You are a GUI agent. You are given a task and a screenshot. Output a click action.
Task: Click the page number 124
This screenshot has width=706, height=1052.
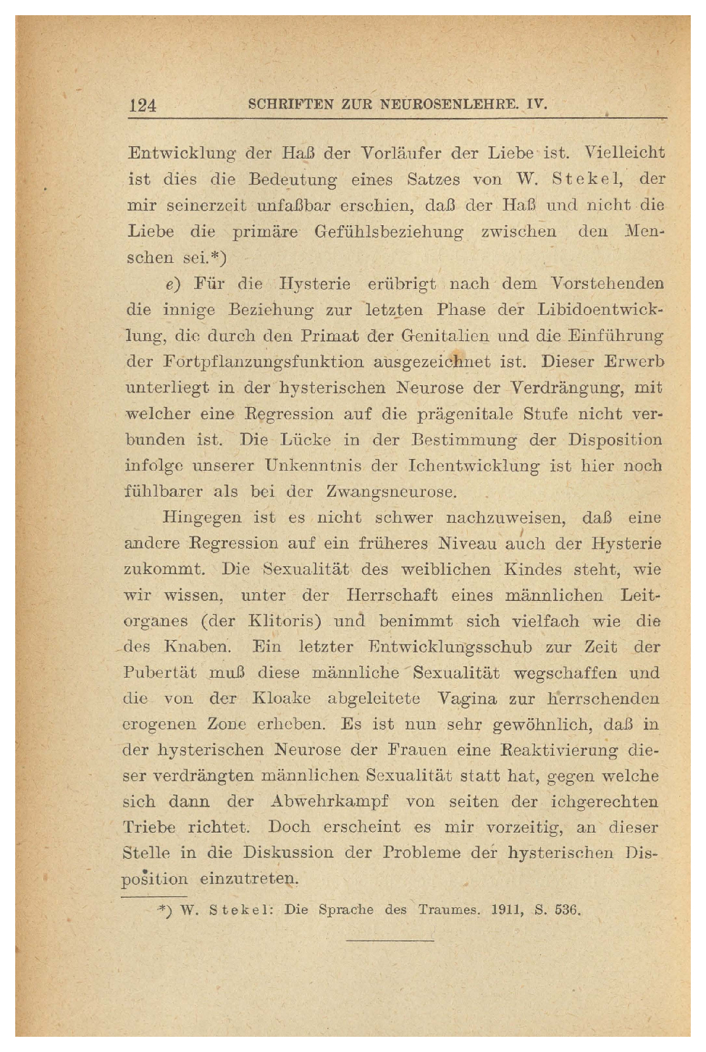pyautogui.click(x=142, y=105)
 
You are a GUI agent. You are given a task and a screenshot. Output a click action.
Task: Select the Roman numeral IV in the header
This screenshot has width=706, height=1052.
pyautogui.click(x=537, y=104)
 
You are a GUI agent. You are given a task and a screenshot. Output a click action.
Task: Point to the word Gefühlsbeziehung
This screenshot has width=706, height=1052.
pyautogui.click(x=389, y=232)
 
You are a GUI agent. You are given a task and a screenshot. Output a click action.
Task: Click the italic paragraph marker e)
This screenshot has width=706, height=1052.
pyautogui.click(x=172, y=284)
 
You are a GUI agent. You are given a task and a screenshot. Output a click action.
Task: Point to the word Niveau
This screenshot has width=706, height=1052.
pyautogui.click(x=467, y=544)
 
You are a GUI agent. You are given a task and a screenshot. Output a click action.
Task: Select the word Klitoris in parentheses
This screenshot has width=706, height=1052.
pyautogui.click(x=285, y=621)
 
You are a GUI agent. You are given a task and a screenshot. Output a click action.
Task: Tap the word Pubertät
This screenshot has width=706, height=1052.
pyautogui.click(x=159, y=673)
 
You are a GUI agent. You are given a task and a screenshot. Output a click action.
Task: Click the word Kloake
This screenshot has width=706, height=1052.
pyautogui.click(x=281, y=699)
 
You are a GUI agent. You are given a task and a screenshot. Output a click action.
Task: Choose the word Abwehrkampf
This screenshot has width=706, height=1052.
pyautogui.click(x=329, y=801)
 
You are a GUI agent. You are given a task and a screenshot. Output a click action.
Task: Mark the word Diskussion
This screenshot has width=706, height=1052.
pyautogui.click(x=287, y=853)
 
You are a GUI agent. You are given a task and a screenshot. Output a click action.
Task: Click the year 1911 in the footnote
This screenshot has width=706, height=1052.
pyautogui.click(x=506, y=910)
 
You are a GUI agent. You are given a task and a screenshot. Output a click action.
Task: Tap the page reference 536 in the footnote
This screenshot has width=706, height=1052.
pyautogui.click(x=567, y=910)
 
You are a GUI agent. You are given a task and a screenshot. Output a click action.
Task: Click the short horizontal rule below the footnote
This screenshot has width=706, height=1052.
pyautogui.click(x=390, y=941)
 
